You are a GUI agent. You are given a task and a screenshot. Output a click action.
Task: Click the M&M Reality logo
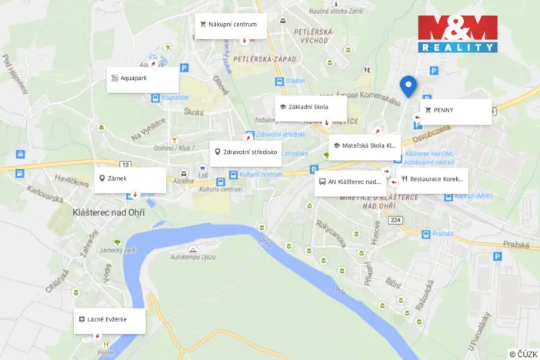[457, 35]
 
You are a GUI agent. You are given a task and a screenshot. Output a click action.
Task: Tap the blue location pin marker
[408, 87]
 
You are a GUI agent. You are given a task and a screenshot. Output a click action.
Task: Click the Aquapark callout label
[142, 78]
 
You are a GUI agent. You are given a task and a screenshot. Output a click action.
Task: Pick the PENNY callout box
[455, 111]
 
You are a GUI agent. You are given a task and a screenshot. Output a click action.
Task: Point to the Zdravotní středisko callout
[245, 152]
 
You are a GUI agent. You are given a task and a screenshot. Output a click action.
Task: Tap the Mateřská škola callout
[365, 145]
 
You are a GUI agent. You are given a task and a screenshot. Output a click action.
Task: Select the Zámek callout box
[130, 179]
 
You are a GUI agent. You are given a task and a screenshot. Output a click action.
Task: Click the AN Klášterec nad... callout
[350, 183]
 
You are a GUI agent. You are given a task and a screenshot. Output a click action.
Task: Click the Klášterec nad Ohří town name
[108, 212]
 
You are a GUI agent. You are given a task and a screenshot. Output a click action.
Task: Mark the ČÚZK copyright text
[522, 354]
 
